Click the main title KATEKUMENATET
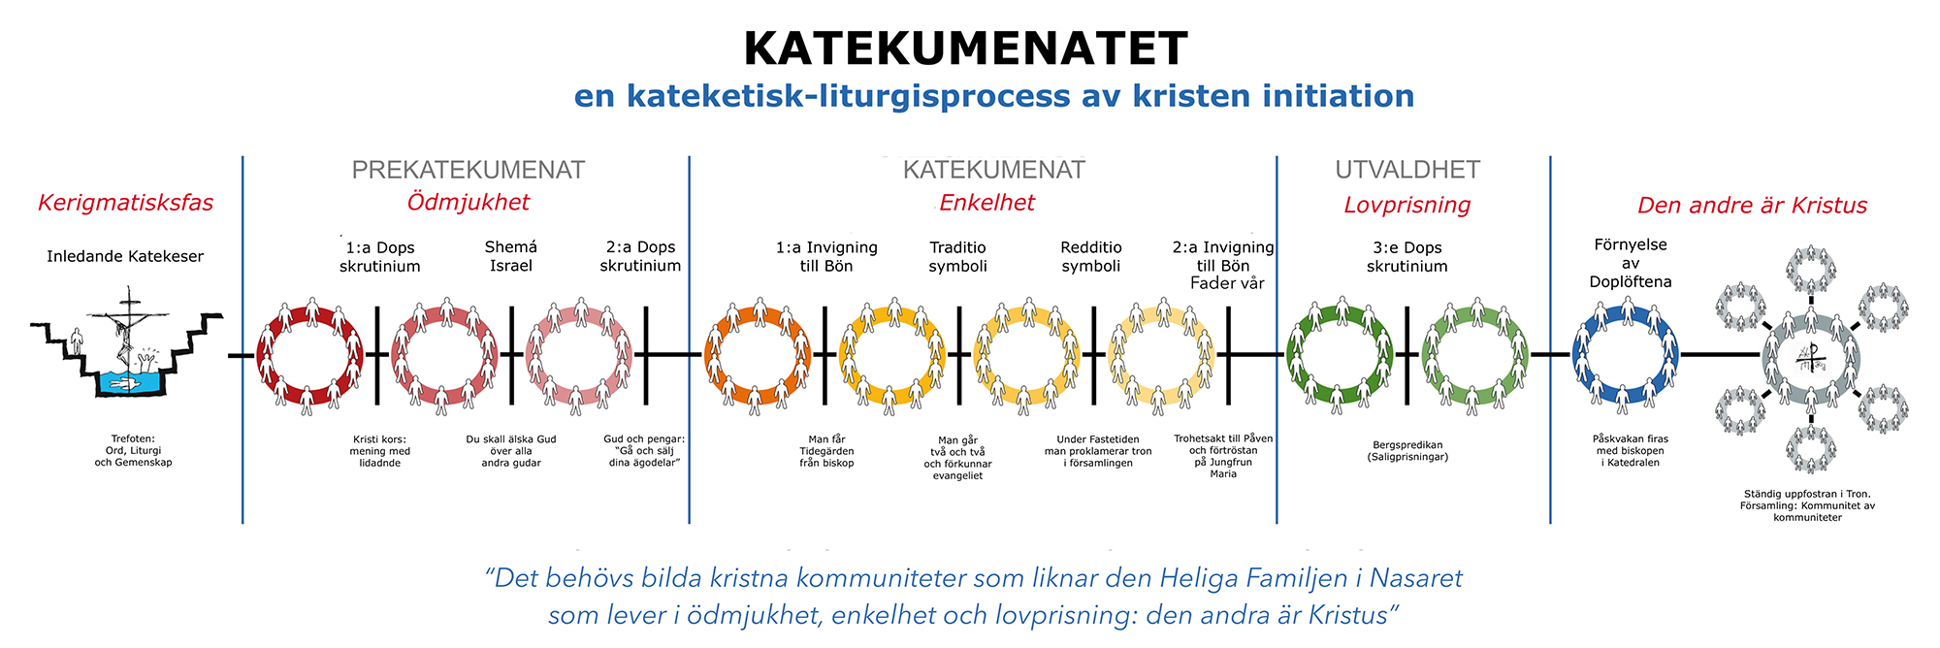pos(965,49)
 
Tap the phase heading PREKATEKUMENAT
pos(468,170)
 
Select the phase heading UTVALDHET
pos(1407,170)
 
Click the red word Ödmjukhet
pos(468,202)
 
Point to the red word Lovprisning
pos(1406,205)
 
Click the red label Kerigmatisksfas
pos(125,203)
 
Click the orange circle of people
pos(757,355)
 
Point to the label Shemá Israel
pos(510,256)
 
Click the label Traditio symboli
pos(957,256)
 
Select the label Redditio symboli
pos(1090,256)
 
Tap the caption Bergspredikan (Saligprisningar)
pos(1406,450)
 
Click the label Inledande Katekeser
pos(125,256)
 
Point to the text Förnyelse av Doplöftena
pos(1631,263)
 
